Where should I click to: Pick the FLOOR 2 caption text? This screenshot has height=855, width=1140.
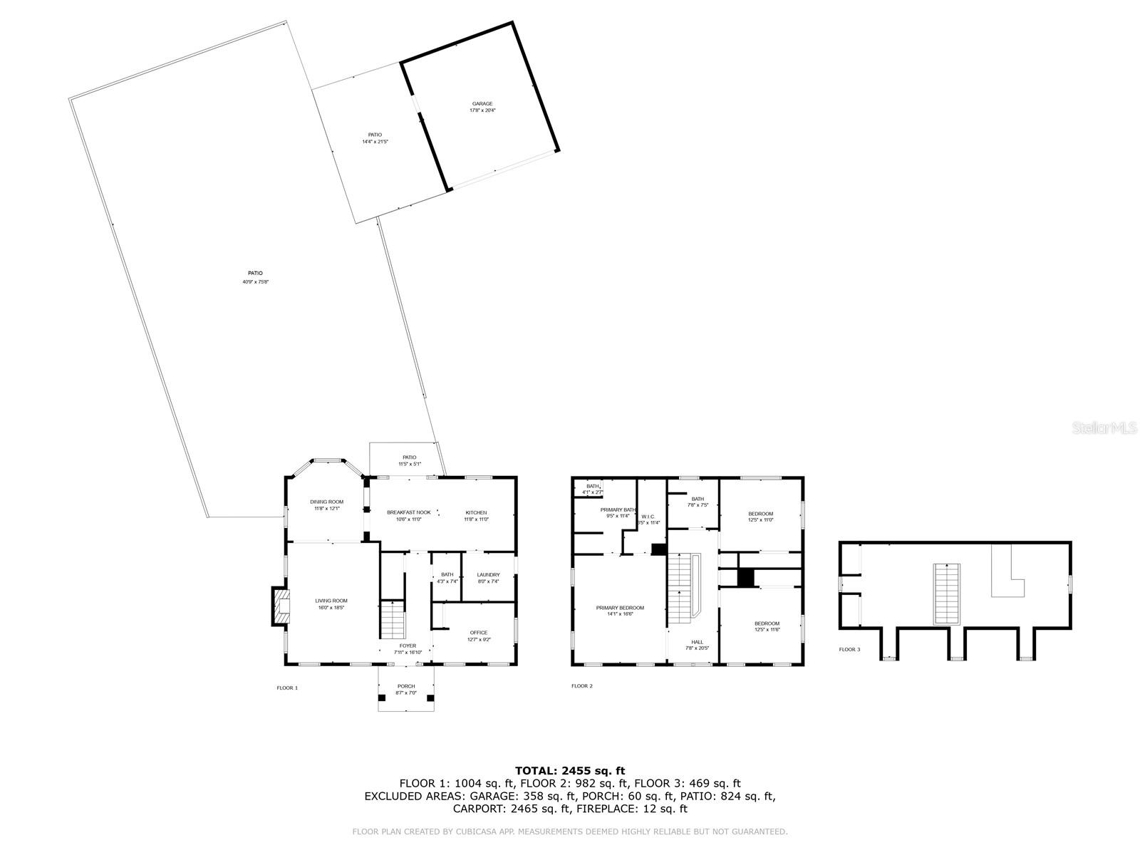581,686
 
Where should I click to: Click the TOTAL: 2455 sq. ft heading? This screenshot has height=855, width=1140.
569,770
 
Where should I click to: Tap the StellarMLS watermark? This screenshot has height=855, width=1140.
1107,427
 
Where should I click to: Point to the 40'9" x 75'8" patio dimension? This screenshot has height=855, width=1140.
255,282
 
